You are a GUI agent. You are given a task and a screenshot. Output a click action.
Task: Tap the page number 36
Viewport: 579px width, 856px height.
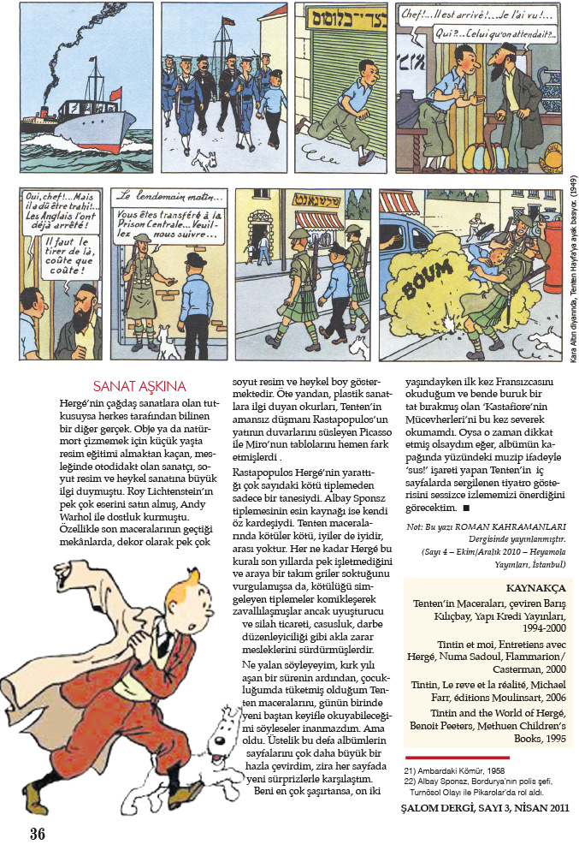tap(36, 833)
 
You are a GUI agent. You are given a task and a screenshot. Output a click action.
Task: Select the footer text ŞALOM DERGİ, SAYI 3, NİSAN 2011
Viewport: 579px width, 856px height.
tap(483, 808)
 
